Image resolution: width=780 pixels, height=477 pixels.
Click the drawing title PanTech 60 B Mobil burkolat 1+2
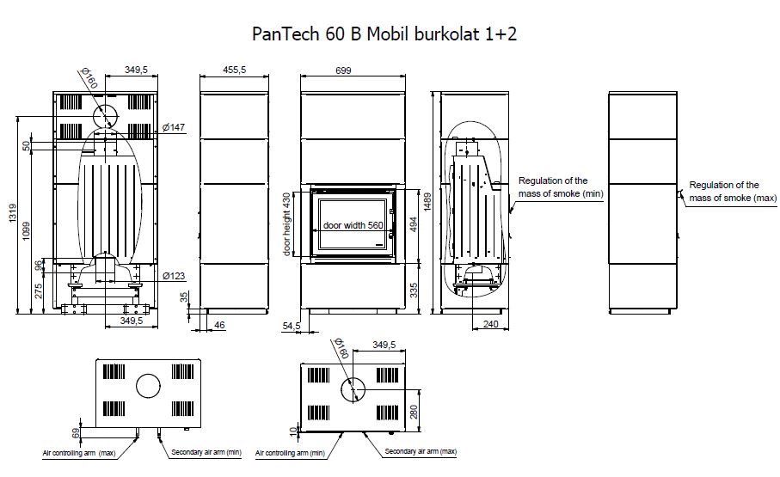coord(384,34)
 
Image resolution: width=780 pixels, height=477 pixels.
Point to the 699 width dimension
coord(343,71)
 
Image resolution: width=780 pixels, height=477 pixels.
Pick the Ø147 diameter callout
coord(174,128)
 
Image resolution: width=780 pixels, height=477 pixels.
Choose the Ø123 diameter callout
coord(174,276)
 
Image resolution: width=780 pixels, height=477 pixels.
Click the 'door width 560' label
coord(353,225)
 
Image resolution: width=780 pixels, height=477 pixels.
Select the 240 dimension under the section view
coord(491,325)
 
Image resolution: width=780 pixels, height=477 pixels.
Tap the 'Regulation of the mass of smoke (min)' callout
coord(562,187)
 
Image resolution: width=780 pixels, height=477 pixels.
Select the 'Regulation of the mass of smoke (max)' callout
coord(725,192)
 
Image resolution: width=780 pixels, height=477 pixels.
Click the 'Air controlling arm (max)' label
coord(79,452)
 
